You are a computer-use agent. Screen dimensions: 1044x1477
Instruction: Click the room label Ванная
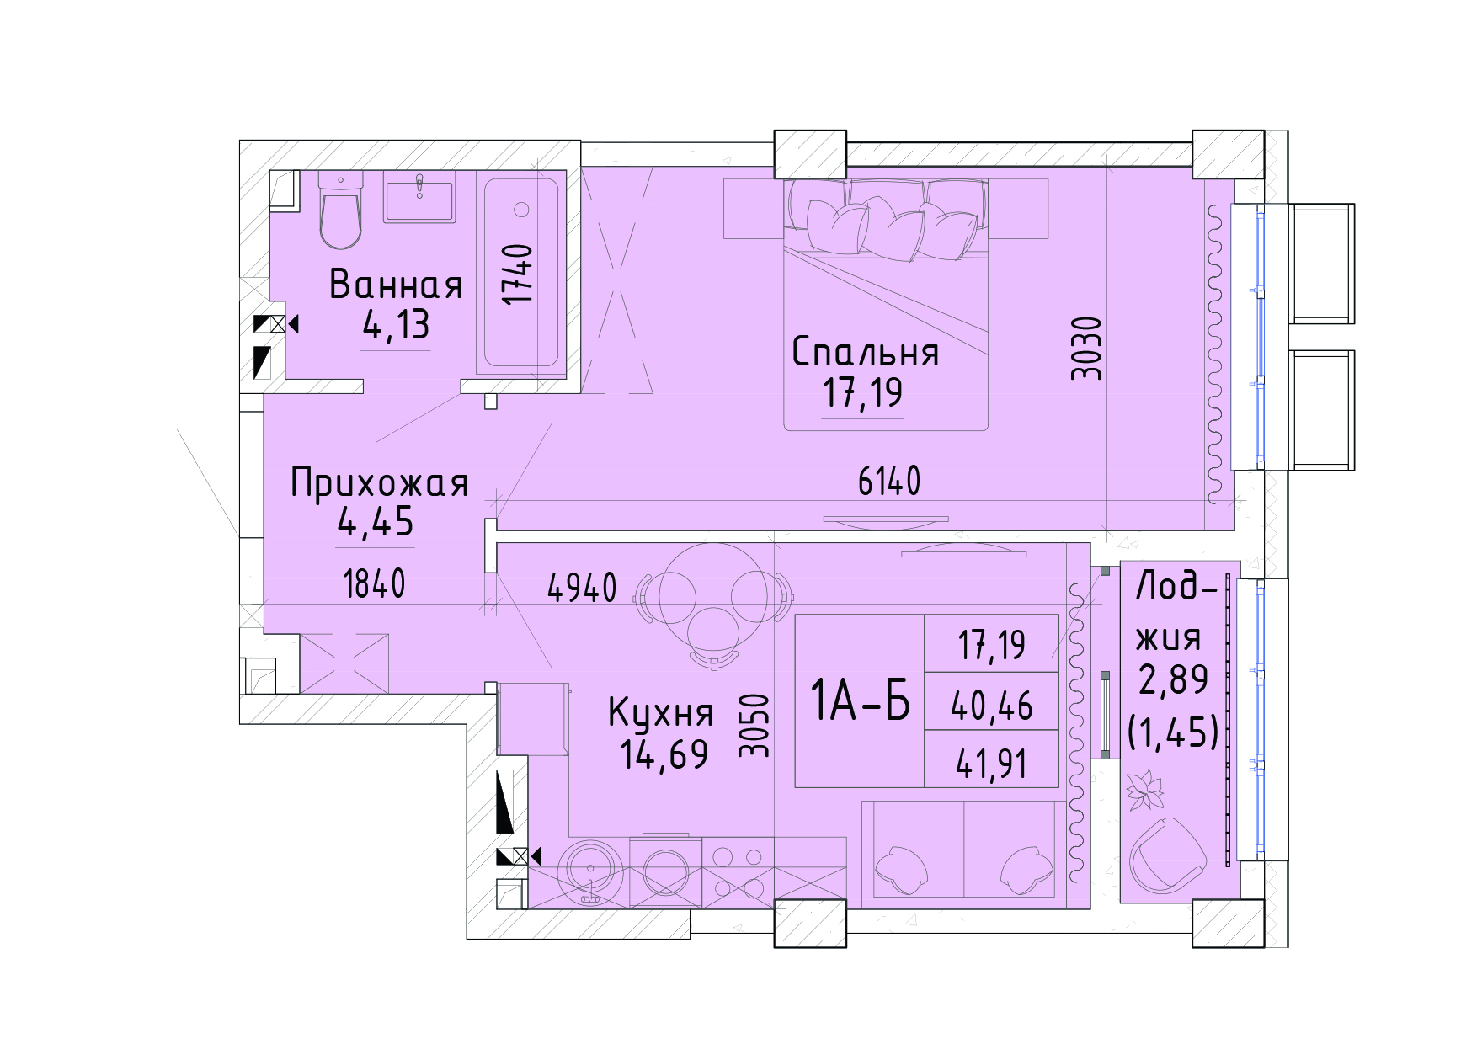396,285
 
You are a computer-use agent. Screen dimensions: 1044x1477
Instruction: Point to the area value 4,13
396,325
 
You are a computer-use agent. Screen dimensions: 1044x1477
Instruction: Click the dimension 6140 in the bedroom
889,482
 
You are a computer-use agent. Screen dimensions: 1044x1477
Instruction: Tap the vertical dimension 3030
1087,348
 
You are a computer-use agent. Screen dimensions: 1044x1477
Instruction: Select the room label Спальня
865,353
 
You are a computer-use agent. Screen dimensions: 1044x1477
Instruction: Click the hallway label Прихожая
379,484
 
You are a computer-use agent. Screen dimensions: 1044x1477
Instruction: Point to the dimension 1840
375,583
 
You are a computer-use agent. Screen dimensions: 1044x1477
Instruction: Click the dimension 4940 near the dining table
582,588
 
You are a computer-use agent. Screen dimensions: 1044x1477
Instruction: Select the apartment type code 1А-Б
860,701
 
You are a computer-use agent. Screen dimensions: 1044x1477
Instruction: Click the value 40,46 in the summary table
991,706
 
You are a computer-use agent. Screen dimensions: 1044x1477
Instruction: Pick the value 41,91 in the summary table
991,764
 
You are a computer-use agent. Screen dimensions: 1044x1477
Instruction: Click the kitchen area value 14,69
664,754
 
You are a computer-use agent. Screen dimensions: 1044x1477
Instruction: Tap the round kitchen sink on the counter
592,871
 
